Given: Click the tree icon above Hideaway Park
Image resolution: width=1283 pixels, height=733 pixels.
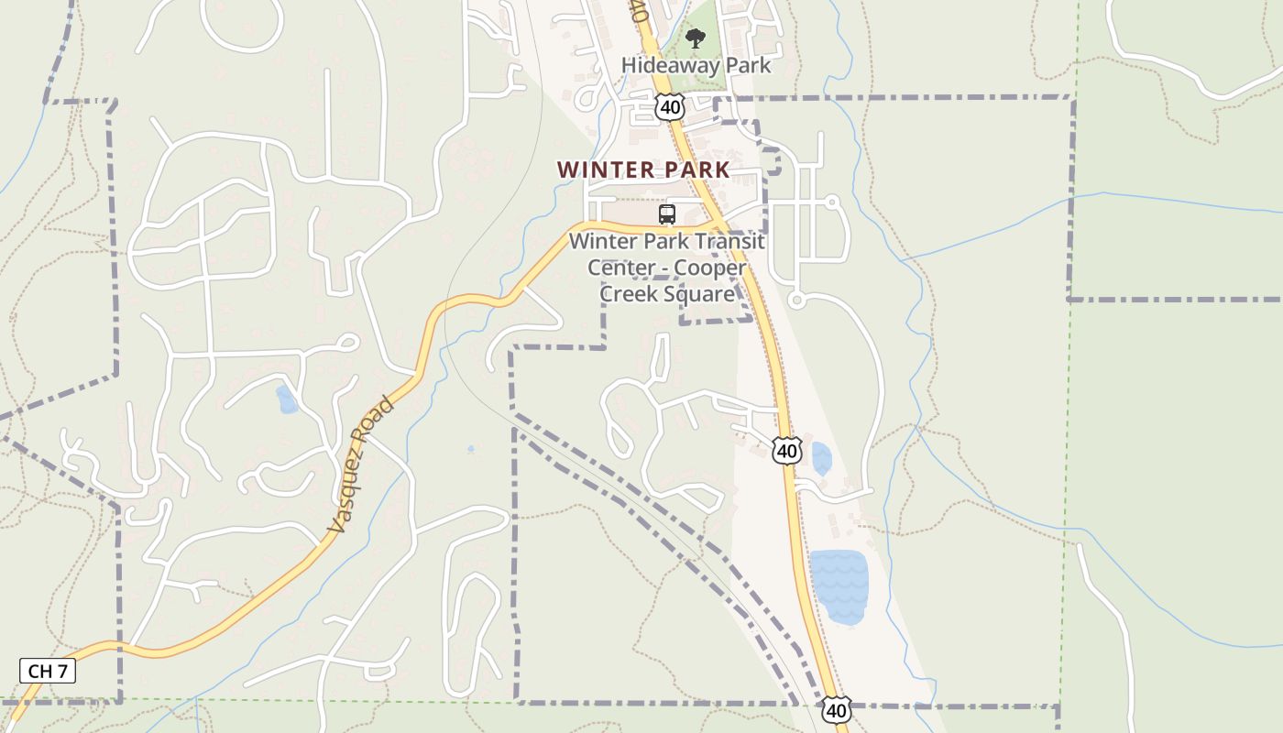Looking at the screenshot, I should coord(696,38).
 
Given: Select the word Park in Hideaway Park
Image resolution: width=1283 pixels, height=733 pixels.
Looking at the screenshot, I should coord(749,66).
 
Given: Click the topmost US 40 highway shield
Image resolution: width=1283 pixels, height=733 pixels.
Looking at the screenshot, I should coord(670,107).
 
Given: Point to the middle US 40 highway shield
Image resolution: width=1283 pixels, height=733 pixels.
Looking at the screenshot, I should coord(787,450).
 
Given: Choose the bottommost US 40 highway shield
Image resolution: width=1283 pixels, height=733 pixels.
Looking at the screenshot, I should coord(836,709).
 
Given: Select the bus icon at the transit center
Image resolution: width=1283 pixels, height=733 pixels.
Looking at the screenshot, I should coord(667,215).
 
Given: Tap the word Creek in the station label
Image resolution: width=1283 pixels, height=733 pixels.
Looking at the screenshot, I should coord(632,294).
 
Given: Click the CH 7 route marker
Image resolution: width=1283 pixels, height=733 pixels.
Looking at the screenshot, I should coord(48,671).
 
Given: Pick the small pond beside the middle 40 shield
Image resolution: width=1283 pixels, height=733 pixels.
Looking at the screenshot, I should coord(820,458).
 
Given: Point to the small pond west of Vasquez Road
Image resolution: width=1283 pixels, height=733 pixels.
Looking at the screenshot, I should coord(287,399).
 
